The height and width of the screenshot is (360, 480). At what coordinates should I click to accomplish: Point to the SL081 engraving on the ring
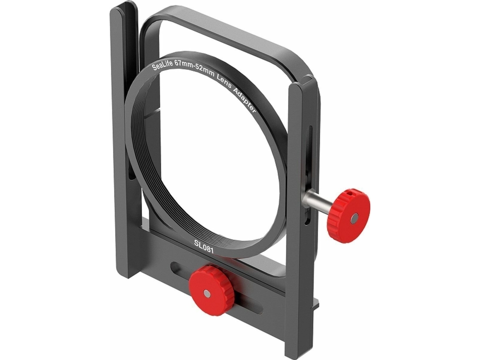tap(204, 247)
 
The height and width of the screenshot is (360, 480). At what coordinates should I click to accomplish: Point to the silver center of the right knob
tap(354, 218)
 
